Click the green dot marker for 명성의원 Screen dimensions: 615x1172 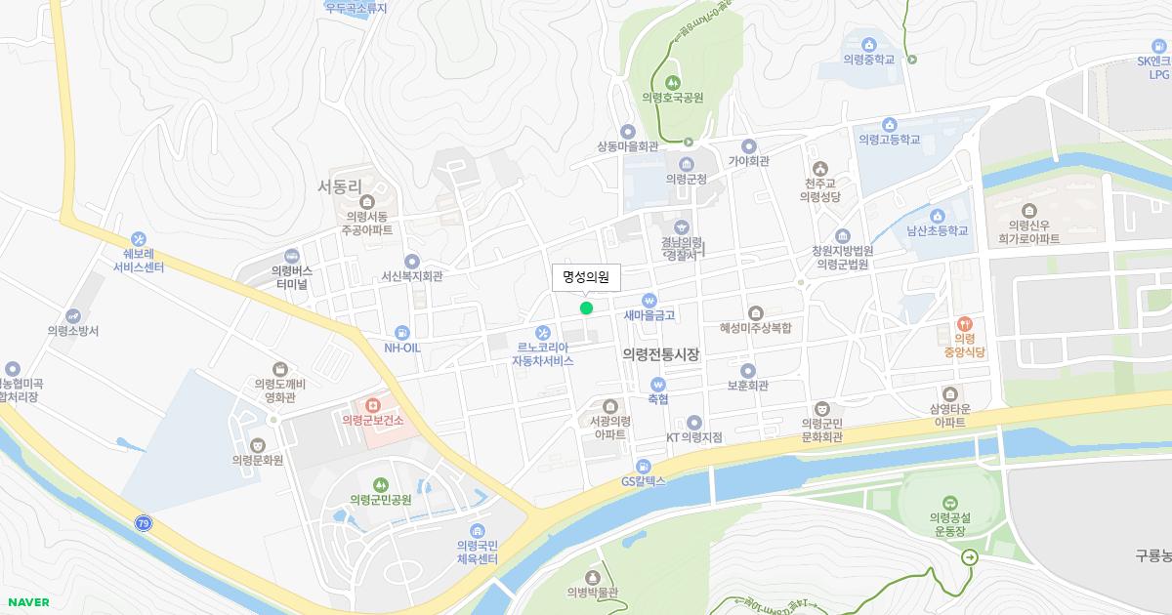pyautogui.click(x=586, y=308)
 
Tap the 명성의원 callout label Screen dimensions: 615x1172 pyautogui.click(x=586, y=278)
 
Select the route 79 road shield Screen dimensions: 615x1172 pyautogui.click(x=144, y=524)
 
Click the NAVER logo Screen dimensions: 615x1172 pyautogui.click(x=27, y=602)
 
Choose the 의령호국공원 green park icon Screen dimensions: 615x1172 pyautogui.click(x=672, y=82)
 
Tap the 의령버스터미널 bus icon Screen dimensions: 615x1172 pyautogui.click(x=291, y=255)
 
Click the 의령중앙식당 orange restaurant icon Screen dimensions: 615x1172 pyautogui.click(x=964, y=323)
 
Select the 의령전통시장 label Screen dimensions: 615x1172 pyautogui.click(x=661, y=354)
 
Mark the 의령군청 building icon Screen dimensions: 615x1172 pyautogui.click(x=687, y=163)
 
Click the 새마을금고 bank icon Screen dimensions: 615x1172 pyautogui.click(x=649, y=300)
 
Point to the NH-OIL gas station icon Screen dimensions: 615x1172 pyautogui.click(x=401, y=332)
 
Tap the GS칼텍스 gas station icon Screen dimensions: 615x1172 pyautogui.click(x=643, y=465)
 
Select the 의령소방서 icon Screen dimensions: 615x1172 pyautogui.click(x=73, y=315)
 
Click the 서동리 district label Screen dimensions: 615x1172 pyautogui.click(x=340, y=184)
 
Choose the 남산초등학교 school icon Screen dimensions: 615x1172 pyautogui.click(x=938, y=216)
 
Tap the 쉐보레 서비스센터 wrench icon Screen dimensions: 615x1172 pyautogui.click(x=138, y=237)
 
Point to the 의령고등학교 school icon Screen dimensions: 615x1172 pyautogui.click(x=890, y=124)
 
